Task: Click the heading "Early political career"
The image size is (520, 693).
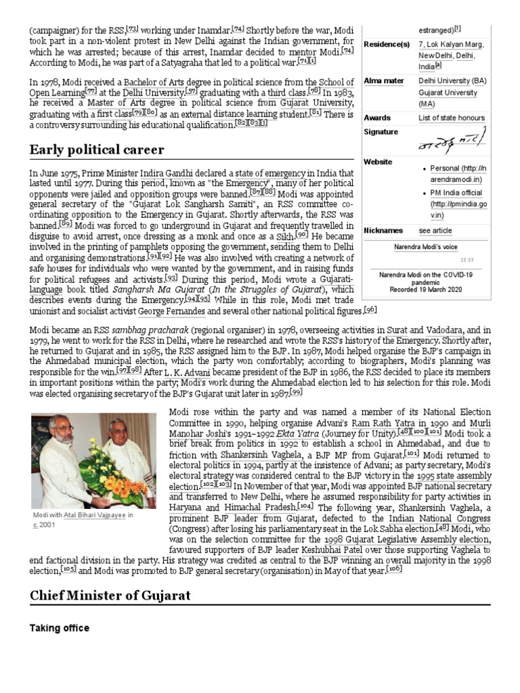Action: click(97, 149)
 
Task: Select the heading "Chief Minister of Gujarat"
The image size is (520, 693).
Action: click(110, 595)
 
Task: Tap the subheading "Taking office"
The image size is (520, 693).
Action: click(59, 628)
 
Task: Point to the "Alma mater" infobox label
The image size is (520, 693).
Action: click(383, 81)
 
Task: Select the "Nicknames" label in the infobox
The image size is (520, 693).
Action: click(383, 231)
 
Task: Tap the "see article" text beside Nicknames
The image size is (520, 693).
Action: click(435, 231)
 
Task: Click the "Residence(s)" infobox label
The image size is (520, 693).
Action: click(387, 45)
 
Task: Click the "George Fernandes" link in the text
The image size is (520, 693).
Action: click(173, 311)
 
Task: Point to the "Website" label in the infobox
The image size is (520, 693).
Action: click(378, 162)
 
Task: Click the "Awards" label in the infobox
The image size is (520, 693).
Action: click(377, 118)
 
